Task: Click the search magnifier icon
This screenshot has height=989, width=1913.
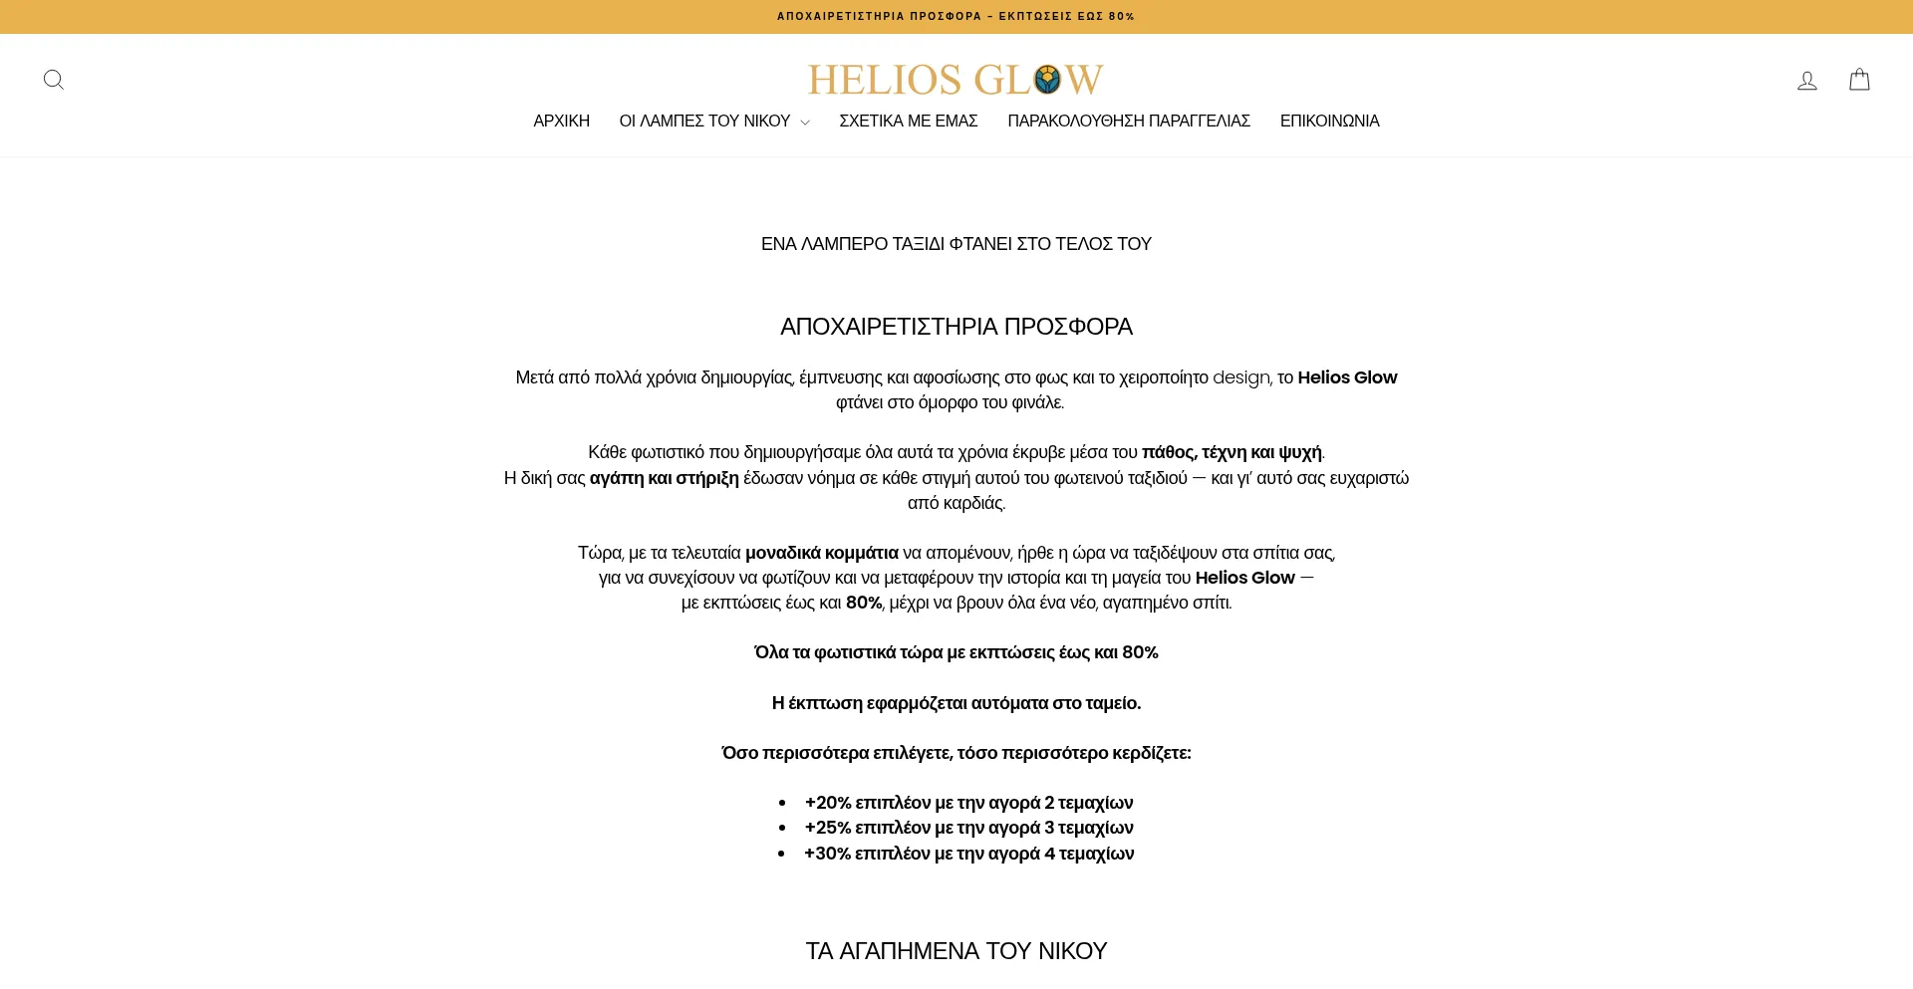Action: coord(54,80)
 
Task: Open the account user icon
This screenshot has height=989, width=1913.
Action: coord(1806,80)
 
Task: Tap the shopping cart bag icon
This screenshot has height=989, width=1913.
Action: coord(1859,80)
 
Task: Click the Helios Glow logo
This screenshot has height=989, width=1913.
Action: coord(956,79)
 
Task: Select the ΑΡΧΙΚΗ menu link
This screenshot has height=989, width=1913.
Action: coord(561,122)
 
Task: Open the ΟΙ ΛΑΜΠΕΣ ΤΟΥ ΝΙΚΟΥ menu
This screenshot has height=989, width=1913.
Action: coord(704,122)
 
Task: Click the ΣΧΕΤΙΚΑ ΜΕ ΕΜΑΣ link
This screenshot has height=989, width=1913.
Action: coord(908,122)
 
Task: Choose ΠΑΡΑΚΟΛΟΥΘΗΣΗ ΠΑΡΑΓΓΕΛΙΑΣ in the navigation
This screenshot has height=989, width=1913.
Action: coord(1128,122)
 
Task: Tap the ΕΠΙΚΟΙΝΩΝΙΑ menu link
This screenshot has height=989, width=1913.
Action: coord(1329,122)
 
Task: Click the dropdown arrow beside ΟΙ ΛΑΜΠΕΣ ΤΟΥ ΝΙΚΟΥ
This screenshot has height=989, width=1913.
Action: coord(805,123)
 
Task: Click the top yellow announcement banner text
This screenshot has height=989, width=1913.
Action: coord(956,17)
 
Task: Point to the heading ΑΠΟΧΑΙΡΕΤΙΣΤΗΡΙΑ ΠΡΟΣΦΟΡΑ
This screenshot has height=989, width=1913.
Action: coord(956,327)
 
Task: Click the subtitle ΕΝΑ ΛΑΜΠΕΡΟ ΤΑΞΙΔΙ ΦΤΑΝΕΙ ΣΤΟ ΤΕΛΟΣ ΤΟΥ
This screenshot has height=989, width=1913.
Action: coord(956,244)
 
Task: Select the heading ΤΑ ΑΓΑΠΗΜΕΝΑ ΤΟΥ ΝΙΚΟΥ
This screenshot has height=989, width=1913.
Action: coord(956,951)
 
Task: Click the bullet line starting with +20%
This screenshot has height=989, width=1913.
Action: coord(968,803)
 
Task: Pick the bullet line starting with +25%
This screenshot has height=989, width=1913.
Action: coord(968,828)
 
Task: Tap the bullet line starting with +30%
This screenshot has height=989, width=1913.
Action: coord(968,854)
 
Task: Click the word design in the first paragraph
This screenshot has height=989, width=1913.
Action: coord(1240,377)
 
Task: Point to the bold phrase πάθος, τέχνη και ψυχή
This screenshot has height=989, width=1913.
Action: coord(1231,452)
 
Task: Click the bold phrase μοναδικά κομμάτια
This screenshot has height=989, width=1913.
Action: coord(821,553)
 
